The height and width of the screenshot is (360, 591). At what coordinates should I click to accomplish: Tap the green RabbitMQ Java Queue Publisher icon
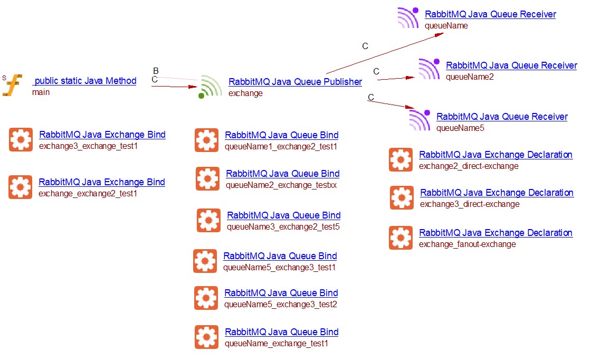point(211,87)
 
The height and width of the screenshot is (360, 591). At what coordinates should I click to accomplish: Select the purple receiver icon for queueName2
point(428,69)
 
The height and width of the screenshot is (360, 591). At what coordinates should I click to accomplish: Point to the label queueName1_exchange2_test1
point(281,147)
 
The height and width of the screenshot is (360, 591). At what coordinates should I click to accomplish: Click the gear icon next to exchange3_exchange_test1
point(21,140)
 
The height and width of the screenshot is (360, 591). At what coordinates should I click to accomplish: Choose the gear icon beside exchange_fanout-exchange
point(401,238)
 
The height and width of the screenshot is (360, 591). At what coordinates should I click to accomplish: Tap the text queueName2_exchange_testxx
point(281,185)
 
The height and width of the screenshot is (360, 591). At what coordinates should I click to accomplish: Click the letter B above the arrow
point(156,71)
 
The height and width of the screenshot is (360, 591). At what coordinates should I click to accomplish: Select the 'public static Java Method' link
point(84,81)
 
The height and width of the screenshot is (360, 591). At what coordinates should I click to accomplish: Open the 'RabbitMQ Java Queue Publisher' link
point(295,82)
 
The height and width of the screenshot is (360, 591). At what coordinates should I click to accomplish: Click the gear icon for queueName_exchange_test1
point(206,337)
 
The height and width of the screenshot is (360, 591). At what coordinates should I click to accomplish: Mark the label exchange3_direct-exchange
point(470,204)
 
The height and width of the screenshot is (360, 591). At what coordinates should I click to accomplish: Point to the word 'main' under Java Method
point(41,92)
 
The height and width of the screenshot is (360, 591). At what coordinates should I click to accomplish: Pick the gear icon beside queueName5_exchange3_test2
point(206,298)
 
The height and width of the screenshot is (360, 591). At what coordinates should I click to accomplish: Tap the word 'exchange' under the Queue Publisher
point(245,93)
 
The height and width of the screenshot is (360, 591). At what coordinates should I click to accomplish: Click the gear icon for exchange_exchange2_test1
point(20,187)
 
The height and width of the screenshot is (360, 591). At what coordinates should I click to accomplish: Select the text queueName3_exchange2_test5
point(283,227)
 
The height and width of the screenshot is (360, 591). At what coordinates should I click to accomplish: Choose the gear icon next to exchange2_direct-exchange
point(401,160)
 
